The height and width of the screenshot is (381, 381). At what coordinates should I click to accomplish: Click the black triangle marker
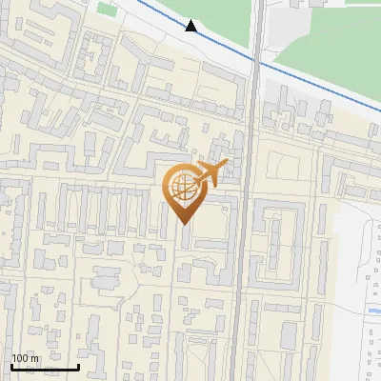click(x=191, y=26)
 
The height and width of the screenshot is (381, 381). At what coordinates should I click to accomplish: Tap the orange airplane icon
click(x=209, y=173)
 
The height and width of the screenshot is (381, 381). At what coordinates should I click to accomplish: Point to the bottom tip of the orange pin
click(x=184, y=225)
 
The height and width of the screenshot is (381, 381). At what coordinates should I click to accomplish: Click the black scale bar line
click(x=45, y=367)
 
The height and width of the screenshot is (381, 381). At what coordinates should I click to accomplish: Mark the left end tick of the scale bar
click(x=11, y=365)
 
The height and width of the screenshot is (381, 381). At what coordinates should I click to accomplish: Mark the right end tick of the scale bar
click(x=78, y=365)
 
